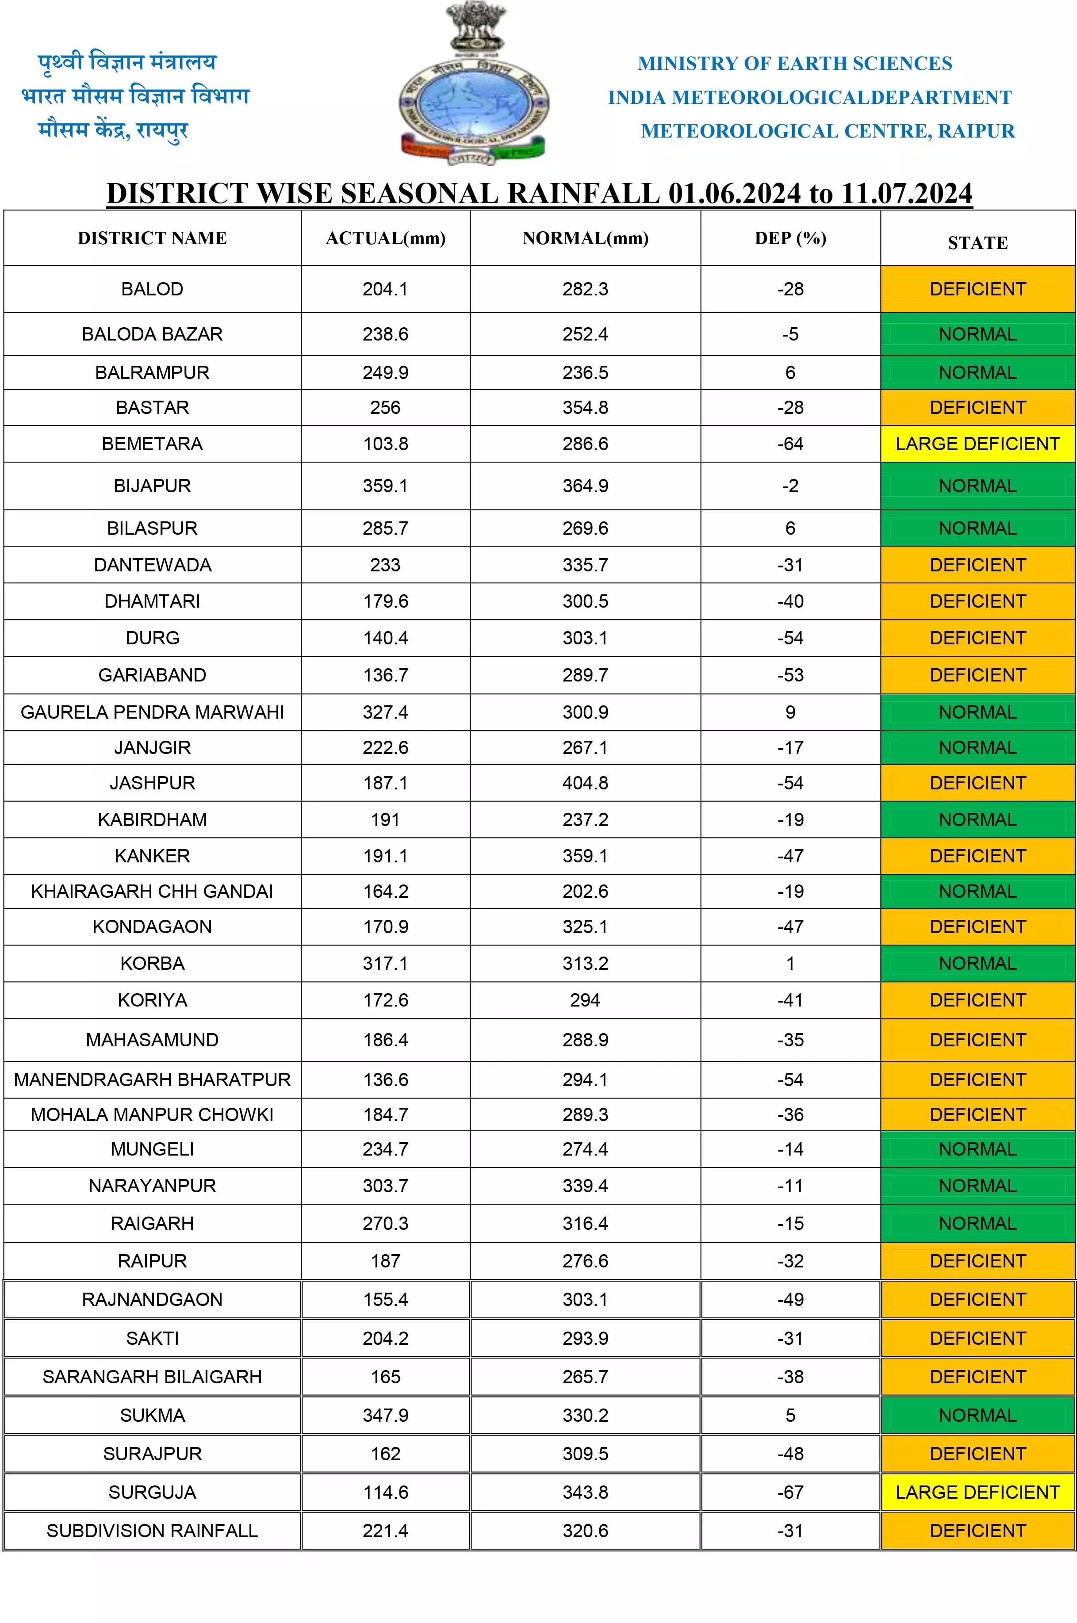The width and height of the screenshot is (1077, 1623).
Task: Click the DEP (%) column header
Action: tap(790, 238)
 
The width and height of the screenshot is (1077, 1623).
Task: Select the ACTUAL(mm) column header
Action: tap(385, 238)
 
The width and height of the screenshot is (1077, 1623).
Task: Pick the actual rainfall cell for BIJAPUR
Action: tap(385, 486)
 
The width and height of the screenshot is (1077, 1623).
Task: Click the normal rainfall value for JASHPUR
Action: tap(585, 783)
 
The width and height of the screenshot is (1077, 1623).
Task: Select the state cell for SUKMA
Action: tap(977, 1416)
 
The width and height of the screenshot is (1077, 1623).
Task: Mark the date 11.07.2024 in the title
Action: tap(907, 194)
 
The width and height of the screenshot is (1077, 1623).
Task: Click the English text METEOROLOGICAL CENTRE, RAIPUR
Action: tap(828, 131)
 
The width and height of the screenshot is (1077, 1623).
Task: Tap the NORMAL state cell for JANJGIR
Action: tap(977, 748)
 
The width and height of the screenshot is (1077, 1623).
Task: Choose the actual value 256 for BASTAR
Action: tap(385, 408)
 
